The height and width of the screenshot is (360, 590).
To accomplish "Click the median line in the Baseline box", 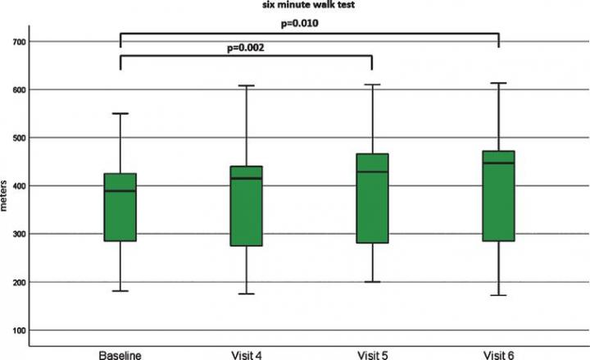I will tap(120, 190).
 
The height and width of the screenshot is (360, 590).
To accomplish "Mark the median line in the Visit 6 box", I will tap(498, 163).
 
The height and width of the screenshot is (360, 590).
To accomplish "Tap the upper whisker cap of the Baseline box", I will tap(120, 113).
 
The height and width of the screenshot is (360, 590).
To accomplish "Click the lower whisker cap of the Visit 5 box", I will tap(373, 281).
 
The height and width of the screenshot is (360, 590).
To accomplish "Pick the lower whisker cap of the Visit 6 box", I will tap(498, 295).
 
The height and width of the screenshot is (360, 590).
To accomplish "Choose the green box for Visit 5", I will tap(373, 198).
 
